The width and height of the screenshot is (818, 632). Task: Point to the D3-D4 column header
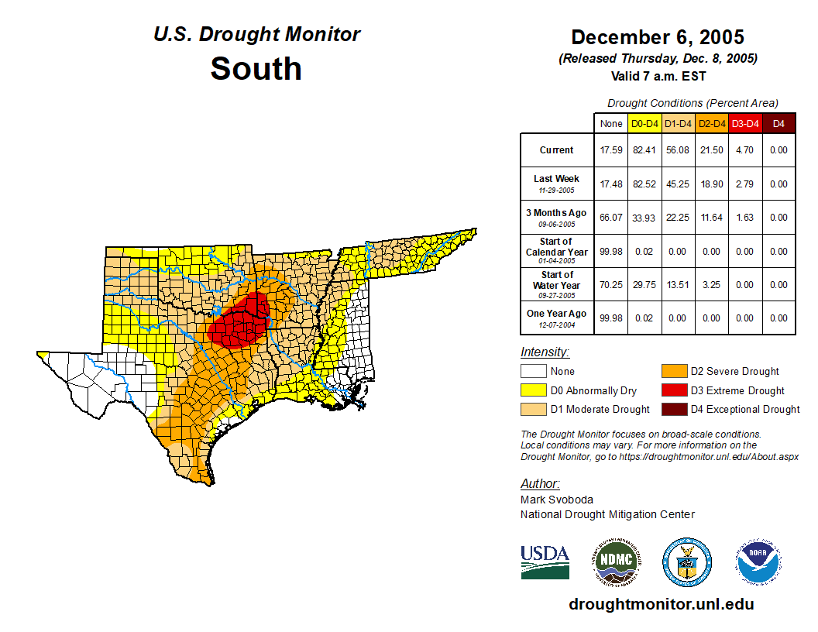point(744,123)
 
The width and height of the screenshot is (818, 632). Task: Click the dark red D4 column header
point(778,123)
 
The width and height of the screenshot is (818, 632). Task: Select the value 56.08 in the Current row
point(678,150)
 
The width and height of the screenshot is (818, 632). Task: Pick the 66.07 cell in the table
point(611,218)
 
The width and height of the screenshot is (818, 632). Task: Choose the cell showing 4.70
point(744,150)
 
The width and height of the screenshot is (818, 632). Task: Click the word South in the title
point(256,68)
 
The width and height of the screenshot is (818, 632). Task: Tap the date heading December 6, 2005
point(658,37)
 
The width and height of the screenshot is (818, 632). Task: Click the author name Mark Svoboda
point(557,500)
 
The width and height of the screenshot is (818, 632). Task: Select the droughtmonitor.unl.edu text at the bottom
point(661,604)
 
